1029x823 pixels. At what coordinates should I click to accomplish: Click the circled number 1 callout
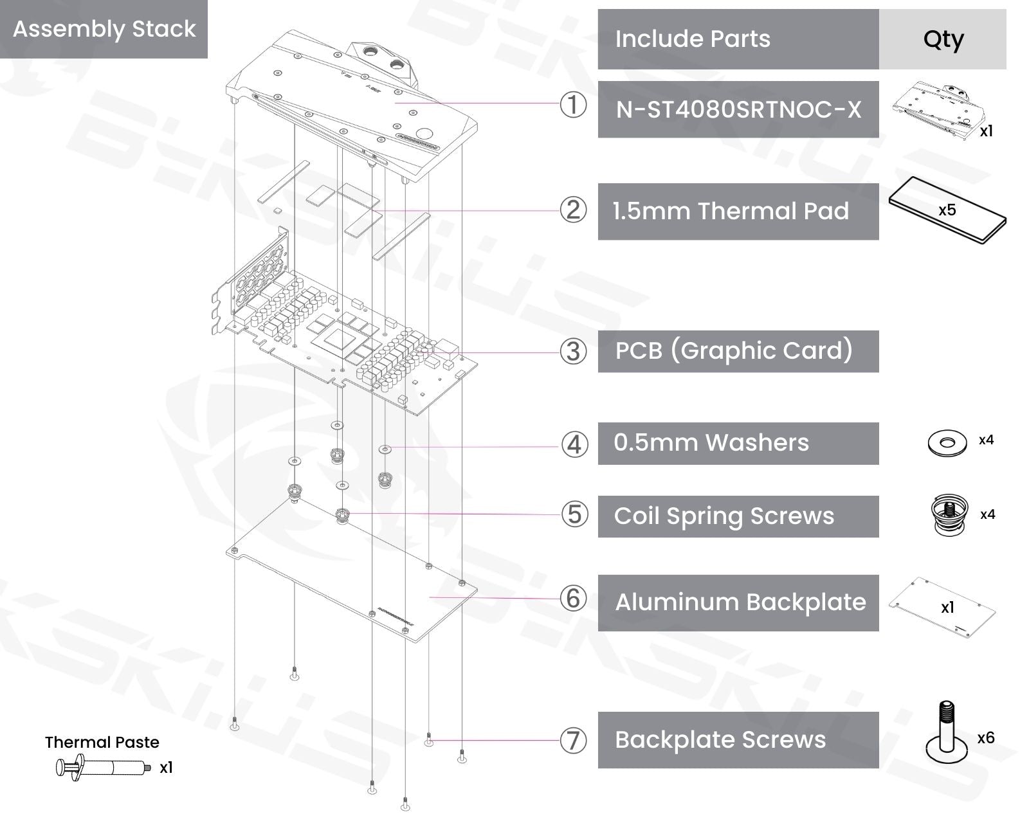tap(573, 105)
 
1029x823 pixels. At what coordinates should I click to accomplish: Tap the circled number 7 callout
tap(573, 741)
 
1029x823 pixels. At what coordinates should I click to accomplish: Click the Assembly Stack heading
tap(104, 29)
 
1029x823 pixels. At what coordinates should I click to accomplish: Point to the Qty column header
tap(943, 39)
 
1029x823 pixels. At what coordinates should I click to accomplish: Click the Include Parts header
tap(693, 39)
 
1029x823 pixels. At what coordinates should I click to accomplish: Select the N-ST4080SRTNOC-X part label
tap(738, 109)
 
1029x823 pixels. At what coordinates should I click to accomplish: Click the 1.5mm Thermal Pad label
tap(731, 211)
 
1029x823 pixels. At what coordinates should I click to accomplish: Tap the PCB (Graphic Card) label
tap(734, 351)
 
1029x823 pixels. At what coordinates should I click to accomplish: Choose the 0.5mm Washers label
tap(711, 443)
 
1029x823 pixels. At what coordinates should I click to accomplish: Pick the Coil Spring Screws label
tap(724, 516)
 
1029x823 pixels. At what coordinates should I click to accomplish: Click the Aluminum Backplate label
tap(740, 602)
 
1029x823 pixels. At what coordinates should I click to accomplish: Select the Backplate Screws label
tap(720, 740)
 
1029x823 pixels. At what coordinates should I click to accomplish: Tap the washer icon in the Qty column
tap(947, 443)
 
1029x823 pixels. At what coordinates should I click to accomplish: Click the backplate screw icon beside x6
tap(946, 736)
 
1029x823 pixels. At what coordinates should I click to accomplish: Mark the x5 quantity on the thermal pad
tap(947, 210)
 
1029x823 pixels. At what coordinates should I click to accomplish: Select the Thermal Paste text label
tap(102, 743)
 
